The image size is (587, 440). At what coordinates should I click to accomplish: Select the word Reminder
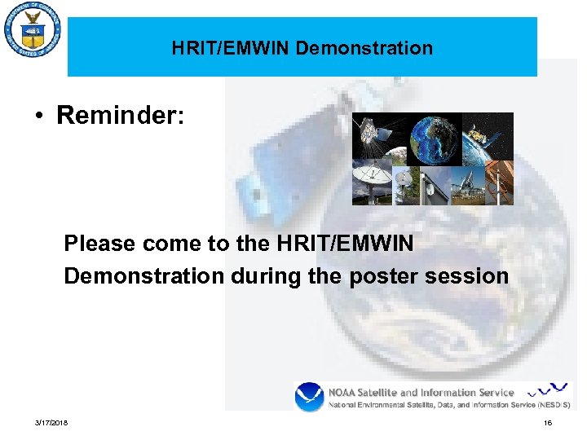click(120, 116)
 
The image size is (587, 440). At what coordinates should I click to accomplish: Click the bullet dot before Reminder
click(39, 117)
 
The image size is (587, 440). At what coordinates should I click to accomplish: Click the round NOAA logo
click(310, 397)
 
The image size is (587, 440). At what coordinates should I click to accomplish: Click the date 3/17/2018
click(51, 423)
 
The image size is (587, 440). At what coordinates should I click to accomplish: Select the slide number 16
click(548, 423)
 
